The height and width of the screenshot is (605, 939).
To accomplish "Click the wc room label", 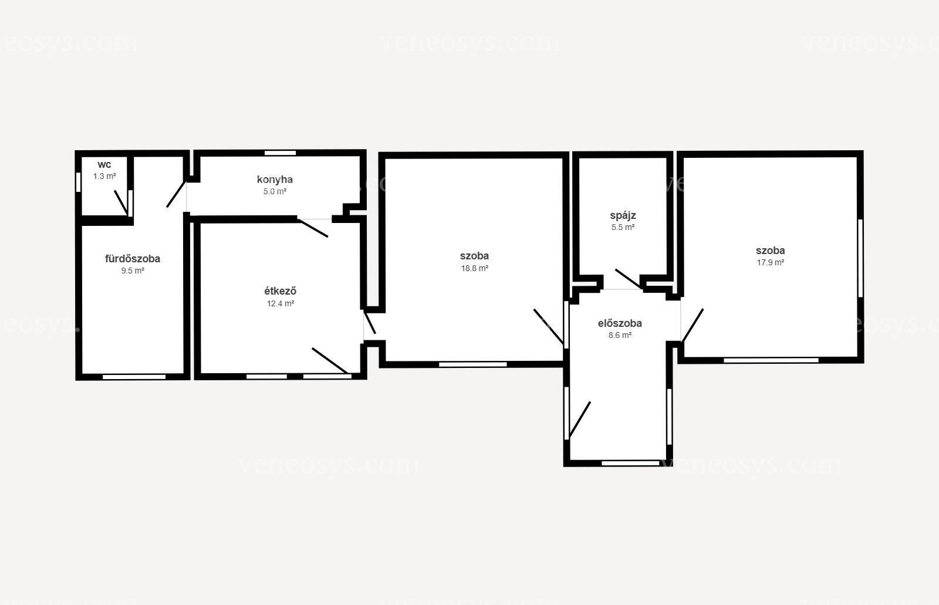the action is pos(104,164).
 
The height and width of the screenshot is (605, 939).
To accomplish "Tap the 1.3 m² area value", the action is pos(104,176).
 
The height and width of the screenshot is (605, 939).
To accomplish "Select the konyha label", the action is pos(275,180).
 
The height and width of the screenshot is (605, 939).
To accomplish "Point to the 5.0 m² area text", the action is pos(275,192).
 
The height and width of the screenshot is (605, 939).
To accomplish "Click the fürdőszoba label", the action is pos(133,259).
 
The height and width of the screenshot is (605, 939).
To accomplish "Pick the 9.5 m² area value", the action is pos(133,271).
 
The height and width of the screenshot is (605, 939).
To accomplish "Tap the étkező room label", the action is pos(280,291).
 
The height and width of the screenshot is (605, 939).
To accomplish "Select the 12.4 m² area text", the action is pos(281,303).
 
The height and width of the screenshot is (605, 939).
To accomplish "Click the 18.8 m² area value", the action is pos(475,268).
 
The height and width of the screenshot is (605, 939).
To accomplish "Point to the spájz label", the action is pos(623,215).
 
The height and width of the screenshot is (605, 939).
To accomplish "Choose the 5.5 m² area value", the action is pos(623,227).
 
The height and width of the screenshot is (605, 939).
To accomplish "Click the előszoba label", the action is pos(620,323).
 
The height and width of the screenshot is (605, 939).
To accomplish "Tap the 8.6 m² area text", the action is pos(620,336).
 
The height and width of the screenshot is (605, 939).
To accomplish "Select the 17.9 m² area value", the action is pos(771,262).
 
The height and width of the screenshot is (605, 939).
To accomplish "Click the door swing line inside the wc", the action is pos(121,203).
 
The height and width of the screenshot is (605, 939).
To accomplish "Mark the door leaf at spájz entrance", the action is pos(628,279).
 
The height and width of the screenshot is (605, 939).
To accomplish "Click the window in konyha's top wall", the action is pos(280,153).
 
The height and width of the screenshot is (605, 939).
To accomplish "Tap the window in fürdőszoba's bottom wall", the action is pos(134,377).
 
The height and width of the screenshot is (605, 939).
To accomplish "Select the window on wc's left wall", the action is pos(79,182).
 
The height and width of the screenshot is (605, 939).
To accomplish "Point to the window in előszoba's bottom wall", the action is pos(630,463).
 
